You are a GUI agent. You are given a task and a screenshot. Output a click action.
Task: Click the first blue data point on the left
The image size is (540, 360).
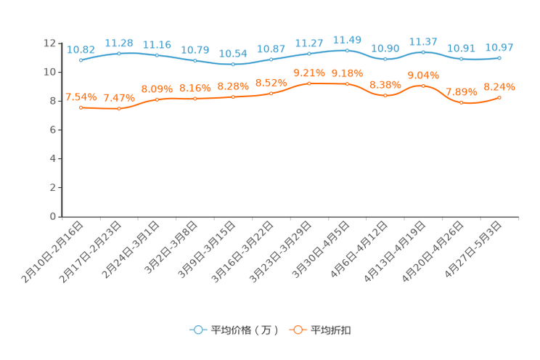click(x=81, y=60)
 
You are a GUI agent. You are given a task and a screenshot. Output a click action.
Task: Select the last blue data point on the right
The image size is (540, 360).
click(x=499, y=57)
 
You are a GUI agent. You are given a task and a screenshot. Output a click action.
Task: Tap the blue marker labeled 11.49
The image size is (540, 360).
click(x=347, y=50)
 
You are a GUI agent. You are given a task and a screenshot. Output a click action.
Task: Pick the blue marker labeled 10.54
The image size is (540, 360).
click(x=233, y=64)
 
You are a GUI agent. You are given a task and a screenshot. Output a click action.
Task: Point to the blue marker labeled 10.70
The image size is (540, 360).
click(x=195, y=60)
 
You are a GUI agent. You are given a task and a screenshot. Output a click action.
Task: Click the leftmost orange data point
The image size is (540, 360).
click(x=81, y=107)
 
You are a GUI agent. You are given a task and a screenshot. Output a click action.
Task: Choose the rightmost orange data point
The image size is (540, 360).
click(x=499, y=97)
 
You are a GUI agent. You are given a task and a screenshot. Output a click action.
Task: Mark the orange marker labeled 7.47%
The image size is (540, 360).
click(x=118, y=109)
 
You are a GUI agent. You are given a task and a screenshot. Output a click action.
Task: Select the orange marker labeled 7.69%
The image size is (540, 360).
click(x=461, y=102)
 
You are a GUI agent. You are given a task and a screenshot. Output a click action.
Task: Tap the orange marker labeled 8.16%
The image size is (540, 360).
click(x=195, y=99)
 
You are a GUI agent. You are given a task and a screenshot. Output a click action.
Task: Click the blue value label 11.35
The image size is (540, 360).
click(x=157, y=45)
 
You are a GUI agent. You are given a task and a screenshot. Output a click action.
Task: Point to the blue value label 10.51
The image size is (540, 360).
click(x=461, y=49)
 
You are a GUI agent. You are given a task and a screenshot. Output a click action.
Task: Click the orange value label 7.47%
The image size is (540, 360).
click(x=118, y=98)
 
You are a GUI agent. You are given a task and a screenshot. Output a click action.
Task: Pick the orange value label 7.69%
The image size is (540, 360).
click(x=461, y=92)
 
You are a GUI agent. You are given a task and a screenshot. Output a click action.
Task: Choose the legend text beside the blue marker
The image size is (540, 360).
click(x=244, y=330)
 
